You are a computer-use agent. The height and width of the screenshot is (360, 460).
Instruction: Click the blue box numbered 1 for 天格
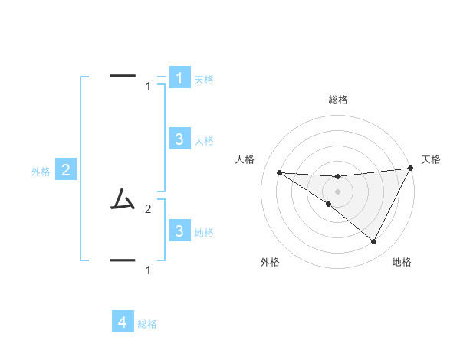(x=179, y=78)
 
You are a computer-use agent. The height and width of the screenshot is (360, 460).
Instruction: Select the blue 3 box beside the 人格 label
(x=179, y=139)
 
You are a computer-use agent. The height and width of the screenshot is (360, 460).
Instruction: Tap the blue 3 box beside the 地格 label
(x=179, y=231)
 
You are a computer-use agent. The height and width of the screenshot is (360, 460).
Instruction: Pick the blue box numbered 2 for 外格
(x=65, y=171)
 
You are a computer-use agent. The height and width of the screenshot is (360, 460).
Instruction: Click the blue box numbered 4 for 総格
(x=123, y=322)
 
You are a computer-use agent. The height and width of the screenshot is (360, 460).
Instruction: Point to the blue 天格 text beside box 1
(x=204, y=79)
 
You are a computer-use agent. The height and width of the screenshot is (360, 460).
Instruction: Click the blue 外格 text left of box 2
(x=41, y=172)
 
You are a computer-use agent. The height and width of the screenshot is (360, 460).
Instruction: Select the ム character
(x=122, y=200)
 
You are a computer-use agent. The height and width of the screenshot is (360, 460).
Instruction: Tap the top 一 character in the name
(x=123, y=76)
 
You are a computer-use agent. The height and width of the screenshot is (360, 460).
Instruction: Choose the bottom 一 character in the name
(x=123, y=260)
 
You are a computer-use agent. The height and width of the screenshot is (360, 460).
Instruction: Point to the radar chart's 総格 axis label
(x=338, y=100)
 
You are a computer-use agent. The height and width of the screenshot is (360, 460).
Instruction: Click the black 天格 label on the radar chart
(x=431, y=159)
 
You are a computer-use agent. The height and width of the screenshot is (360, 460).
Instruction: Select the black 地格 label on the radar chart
(x=402, y=263)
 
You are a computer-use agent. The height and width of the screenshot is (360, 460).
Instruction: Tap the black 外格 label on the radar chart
(x=270, y=263)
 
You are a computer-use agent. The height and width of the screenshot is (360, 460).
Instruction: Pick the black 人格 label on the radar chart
(x=245, y=159)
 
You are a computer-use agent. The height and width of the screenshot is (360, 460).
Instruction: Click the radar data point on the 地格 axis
(x=374, y=242)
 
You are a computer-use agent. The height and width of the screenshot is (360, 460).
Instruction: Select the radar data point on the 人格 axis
(x=280, y=172)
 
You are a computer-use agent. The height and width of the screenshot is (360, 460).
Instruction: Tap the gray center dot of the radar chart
(x=337, y=191)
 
